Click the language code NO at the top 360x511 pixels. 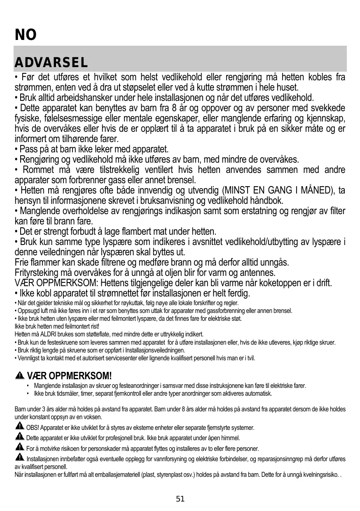[26, 35]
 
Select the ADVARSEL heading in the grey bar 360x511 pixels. [51, 63]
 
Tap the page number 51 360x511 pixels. [180, 499]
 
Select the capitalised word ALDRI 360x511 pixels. [48, 334]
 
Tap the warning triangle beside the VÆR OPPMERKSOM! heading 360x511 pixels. [19, 376]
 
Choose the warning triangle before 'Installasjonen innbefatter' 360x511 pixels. [19, 458]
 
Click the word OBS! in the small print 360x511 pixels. [33, 428]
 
